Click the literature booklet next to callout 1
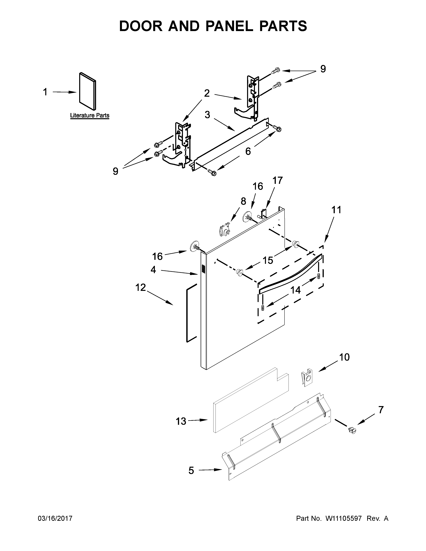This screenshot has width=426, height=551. [x=88, y=91]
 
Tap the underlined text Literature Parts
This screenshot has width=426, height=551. [x=90, y=116]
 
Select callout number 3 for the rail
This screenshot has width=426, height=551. [x=207, y=115]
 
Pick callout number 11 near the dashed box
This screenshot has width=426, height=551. [x=336, y=210]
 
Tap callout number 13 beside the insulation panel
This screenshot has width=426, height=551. [x=181, y=421]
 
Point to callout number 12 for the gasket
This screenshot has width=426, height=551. [x=140, y=287]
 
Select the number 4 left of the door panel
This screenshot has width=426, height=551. [x=153, y=270]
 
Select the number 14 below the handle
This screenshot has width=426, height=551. [x=295, y=290]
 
